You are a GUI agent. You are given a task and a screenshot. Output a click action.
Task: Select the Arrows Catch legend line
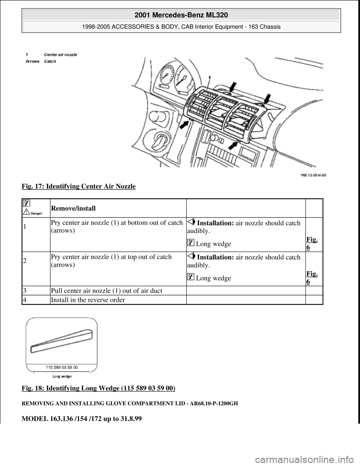coord(41,62)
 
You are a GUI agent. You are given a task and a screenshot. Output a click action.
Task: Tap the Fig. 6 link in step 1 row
coord(311,244)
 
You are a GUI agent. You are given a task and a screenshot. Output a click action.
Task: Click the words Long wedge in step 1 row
coord(213,244)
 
